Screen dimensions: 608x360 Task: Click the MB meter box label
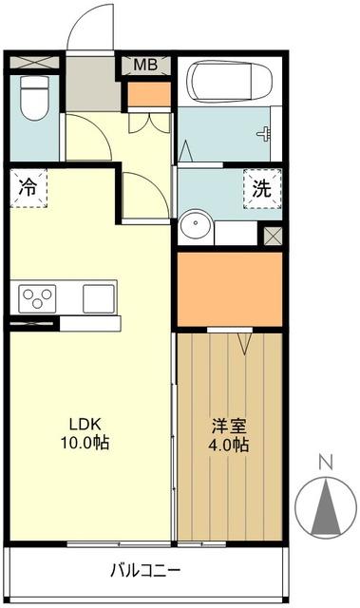pyautogui.click(x=145, y=65)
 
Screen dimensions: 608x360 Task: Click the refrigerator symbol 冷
pyautogui.click(x=28, y=187)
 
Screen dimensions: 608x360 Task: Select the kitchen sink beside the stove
pyautogui.click(x=98, y=298)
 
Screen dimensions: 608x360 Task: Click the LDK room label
pyautogui.click(x=83, y=424)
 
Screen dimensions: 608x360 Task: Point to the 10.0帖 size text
pyautogui.click(x=83, y=443)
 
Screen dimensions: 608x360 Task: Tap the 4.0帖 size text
pyautogui.click(x=229, y=445)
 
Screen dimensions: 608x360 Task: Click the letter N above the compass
pyautogui.click(x=326, y=462)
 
